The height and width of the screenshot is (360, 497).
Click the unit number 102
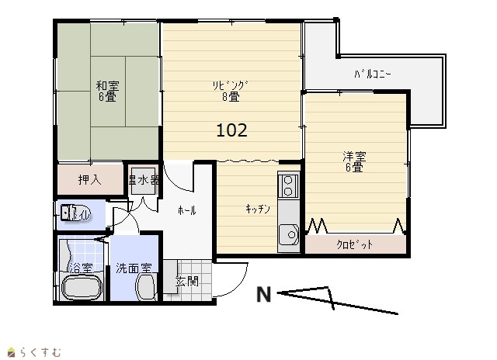click(x=231, y=130)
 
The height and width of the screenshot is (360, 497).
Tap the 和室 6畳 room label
click(x=107, y=92)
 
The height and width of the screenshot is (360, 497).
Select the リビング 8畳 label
click(x=230, y=92)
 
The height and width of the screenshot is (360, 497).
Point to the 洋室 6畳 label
click(x=354, y=162)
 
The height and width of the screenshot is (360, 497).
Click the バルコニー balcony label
click(x=373, y=74)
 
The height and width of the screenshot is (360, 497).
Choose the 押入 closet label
click(x=90, y=180)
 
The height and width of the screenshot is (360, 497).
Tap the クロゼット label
click(x=355, y=244)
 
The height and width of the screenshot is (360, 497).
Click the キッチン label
click(x=258, y=209)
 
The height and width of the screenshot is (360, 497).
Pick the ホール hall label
click(x=186, y=210)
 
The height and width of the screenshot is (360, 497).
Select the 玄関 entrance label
click(x=187, y=281)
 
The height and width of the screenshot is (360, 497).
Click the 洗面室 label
click(x=134, y=268)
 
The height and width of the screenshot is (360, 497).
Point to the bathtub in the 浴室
click(x=82, y=288)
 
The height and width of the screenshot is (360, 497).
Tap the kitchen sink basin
click(x=289, y=234)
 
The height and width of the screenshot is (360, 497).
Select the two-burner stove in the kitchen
click(x=288, y=186)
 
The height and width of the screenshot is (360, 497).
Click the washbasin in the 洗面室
click(x=146, y=286)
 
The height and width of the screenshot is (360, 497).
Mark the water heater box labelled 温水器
click(x=144, y=181)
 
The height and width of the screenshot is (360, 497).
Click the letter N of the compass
click(x=264, y=295)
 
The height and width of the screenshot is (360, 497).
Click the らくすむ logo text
click(x=40, y=352)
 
